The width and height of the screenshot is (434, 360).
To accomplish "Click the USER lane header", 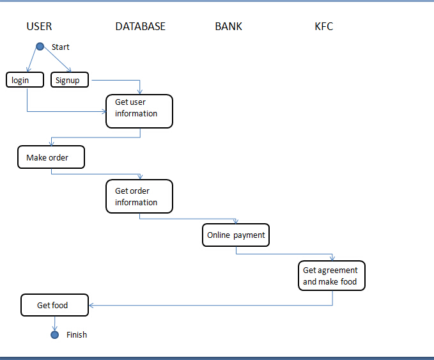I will [39, 26].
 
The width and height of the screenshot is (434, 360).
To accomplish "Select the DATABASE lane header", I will [140, 26].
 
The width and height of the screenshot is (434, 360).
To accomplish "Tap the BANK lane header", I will [228, 26].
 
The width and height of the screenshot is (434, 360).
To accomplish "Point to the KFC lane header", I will [323, 26].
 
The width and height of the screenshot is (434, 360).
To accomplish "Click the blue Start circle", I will [40, 46].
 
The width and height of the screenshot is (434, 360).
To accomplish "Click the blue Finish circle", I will [54, 334].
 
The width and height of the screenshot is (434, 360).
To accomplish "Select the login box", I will [25, 80].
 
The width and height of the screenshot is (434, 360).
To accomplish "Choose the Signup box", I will [69, 80].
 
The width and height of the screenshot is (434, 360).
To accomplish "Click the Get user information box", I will [139, 111].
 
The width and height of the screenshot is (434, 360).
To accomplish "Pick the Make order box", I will [51, 157].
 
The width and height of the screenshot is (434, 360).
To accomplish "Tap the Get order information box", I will [139, 196].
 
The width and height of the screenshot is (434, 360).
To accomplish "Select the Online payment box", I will [236, 235].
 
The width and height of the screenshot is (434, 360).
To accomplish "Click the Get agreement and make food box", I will [332, 276].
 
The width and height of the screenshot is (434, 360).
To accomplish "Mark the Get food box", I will [54, 305].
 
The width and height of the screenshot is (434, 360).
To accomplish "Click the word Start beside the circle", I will [61, 47].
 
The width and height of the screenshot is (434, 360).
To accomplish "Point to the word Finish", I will [77, 334].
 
